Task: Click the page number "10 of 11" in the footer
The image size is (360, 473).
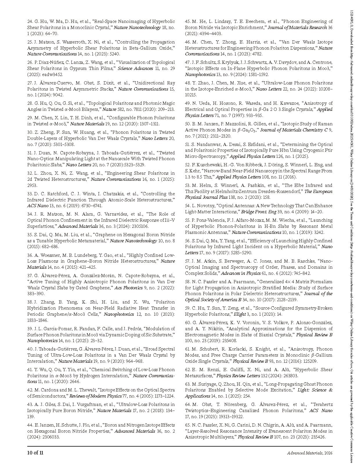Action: pos(35,453)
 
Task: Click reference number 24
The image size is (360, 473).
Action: pos(30,21)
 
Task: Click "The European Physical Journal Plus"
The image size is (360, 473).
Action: pos(259,194)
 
